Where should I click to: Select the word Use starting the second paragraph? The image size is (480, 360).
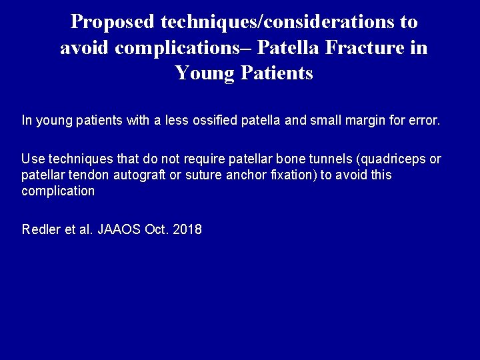click(32, 159)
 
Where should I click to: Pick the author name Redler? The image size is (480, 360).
click(39, 230)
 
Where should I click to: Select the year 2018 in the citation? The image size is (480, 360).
click(187, 230)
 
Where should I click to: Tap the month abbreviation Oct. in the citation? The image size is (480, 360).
click(156, 230)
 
